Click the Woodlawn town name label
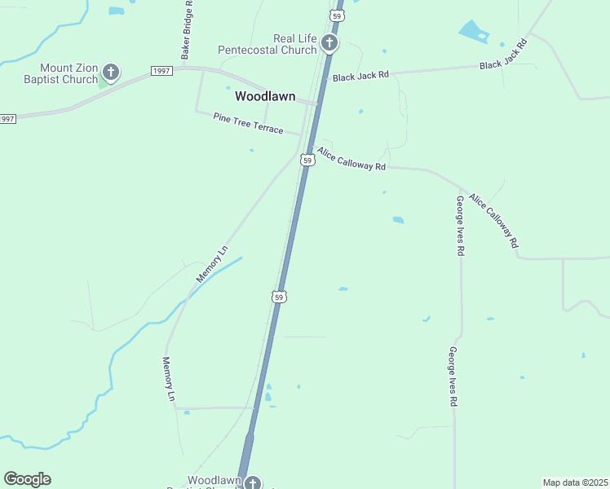click(265, 96)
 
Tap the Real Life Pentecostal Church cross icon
click(329, 42)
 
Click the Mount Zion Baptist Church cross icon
click(111, 73)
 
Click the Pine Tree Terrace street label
click(248, 124)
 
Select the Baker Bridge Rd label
click(188, 29)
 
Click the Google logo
click(27, 479)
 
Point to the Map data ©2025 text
click(575, 482)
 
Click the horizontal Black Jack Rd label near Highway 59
click(360, 74)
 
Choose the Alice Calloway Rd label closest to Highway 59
click(351, 159)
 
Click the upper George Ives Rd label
click(460, 226)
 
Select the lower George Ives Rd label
click(451, 376)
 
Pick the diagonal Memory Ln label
click(212, 263)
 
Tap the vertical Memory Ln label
click(169, 379)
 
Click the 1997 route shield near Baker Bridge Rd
click(161, 72)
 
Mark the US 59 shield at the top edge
click(338, 15)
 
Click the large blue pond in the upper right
click(472, 32)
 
